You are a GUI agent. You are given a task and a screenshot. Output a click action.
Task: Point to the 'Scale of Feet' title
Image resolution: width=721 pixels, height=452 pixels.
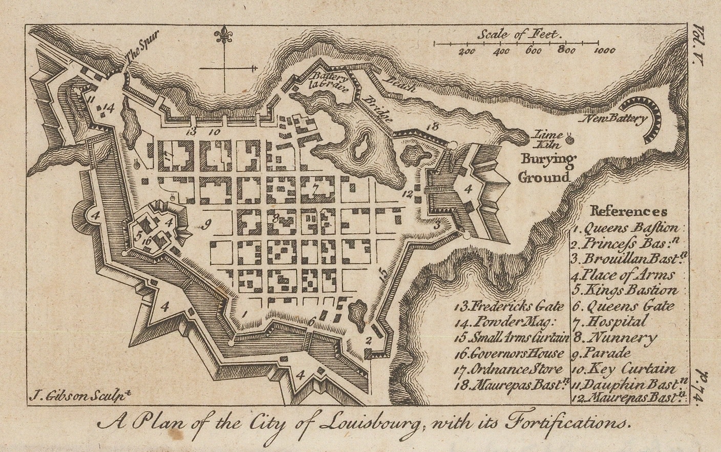[x=520, y=35]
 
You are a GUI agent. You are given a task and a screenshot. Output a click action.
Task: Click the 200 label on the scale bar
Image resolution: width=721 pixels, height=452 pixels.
[x=467, y=51]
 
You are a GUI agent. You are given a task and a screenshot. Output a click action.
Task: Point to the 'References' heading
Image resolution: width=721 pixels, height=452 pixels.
[x=628, y=211]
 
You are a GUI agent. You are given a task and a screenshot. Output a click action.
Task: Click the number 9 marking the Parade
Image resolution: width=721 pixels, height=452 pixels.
[x=206, y=223]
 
